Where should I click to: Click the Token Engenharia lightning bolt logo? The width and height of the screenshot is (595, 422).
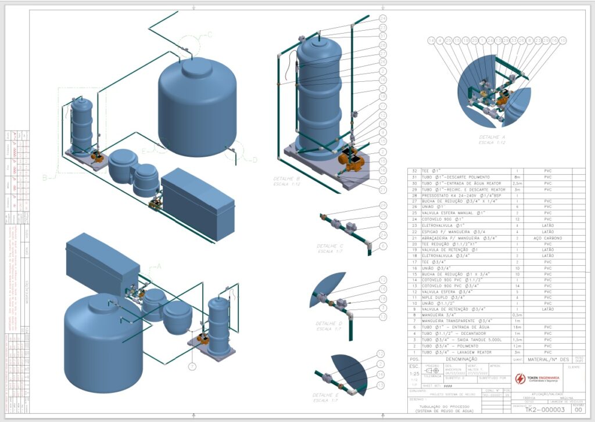click(x=504, y=378)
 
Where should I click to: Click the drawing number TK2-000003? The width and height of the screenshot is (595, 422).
click(x=544, y=409)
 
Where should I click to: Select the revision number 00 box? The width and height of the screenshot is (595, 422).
click(x=578, y=409)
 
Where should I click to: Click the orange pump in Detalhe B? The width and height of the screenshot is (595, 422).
click(x=351, y=158)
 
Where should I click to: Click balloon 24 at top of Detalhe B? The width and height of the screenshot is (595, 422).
click(x=383, y=19)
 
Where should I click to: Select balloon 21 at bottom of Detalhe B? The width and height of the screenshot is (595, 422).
click(x=383, y=189)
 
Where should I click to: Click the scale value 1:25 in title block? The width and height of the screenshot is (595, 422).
click(x=414, y=374)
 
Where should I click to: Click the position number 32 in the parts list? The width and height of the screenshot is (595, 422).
click(x=414, y=171)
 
